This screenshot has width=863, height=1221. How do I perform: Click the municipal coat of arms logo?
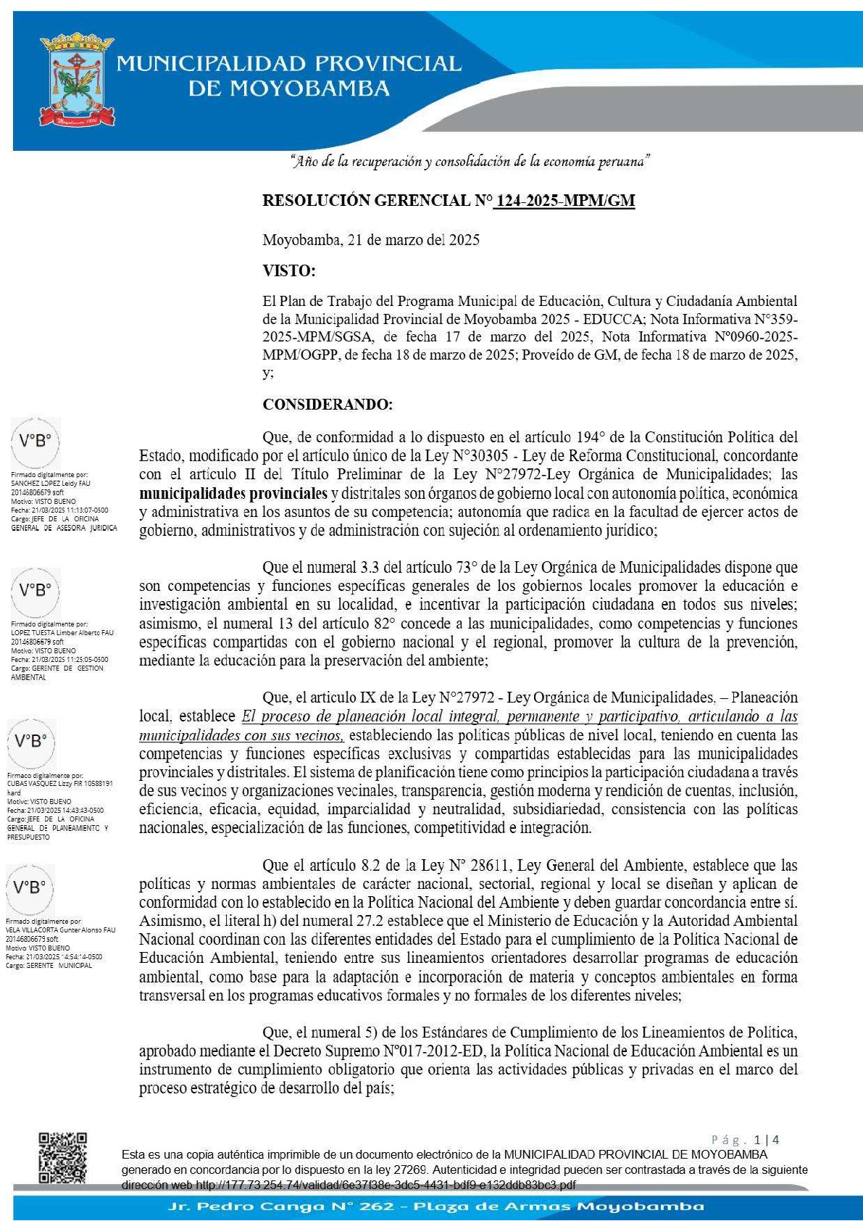pyautogui.click(x=78, y=78)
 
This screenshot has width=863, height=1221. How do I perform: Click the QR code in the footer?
pyautogui.click(x=62, y=1157)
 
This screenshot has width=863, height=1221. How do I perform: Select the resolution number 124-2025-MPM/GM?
pyautogui.click(x=564, y=201)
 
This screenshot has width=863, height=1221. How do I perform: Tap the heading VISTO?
pyautogui.click(x=288, y=271)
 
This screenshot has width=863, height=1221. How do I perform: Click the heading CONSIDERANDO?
pyautogui.click(x=328, y=405)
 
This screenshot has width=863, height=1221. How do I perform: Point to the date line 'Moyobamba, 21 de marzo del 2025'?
pyautogui.click(x=370, y=240)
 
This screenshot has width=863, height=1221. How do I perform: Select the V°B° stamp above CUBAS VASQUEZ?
pyautogui.click(x=31, y=742)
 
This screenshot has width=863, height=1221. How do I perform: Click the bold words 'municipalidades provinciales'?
pyautogui.click(x=233, y=494)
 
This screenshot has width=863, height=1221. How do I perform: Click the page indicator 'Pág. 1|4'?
pyautogui.click(x=745, y=1140)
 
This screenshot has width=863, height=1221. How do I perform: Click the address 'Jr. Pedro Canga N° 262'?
pyautogui.click(x=281, y=1206)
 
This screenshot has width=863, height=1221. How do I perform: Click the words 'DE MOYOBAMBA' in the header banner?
pyautogui.click(x=288, y=89)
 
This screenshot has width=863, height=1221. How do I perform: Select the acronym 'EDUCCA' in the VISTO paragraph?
pyautogui.click(x=617, y=319)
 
